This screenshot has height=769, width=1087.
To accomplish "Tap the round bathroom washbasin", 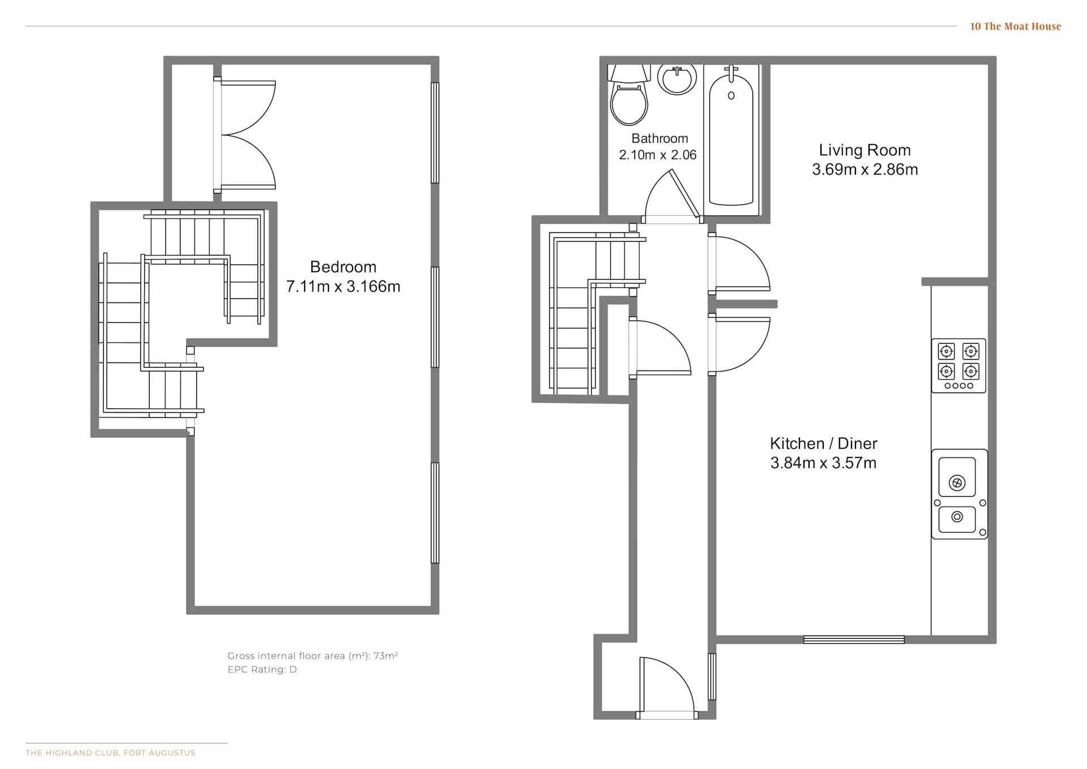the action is [x=677, y=79].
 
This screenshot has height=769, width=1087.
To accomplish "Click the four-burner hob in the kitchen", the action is [x=958, y=366].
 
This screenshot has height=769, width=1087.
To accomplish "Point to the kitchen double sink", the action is [x=960, y=494].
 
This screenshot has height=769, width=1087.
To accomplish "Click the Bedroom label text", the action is [x=343, y=267].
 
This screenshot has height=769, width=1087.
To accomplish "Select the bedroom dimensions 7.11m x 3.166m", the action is [x=343, y=287].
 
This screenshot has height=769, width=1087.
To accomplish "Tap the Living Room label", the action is [x=865, y=150].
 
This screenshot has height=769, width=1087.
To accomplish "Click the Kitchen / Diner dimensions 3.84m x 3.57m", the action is [x=823, y=463].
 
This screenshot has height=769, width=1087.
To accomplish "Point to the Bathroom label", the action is [x=660, y=138].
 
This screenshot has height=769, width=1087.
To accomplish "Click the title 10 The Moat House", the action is [x=1015, y=26].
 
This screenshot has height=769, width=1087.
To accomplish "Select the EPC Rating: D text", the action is [x=262, y=669].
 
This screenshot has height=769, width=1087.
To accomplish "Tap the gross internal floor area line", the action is [x=313, y=656].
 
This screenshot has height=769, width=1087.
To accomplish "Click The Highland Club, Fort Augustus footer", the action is [x=110, y=753].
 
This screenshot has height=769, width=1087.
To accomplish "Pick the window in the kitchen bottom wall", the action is [x=854, y=640].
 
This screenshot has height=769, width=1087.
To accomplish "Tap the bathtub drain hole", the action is [x=731, y=96].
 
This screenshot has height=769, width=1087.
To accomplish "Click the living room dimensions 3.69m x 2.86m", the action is [x=865, y=169].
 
